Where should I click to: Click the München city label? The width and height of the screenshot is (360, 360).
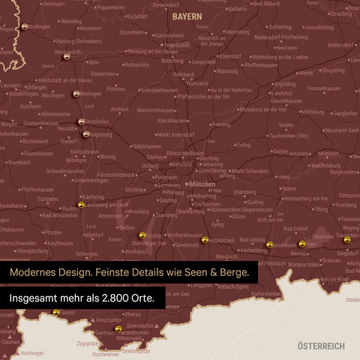pyautogui.click(x=202, y=184)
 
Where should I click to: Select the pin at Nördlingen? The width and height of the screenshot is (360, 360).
pyautogui.click(x=24, y=27)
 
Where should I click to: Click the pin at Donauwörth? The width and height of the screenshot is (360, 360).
pyautogui.click(x=66, y=55)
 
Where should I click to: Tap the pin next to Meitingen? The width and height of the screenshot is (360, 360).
pyautogui.click(x=76, y=94)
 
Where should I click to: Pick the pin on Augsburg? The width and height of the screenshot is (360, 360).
pyautogui.click(x=86, y=135)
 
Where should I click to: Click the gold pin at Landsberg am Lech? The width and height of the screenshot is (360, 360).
pyautogui.click(x=81, y=205)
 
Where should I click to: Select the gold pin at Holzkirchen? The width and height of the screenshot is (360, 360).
pyautogui.click(x=205, y=240)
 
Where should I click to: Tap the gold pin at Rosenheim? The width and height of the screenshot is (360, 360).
pyautogui.click(x=269, y=244)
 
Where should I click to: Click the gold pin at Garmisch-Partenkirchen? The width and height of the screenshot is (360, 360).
pyautogui.click(x=118, y=328)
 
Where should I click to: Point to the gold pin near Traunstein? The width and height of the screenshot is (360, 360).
pyautogui.click(x=346, y=240)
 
